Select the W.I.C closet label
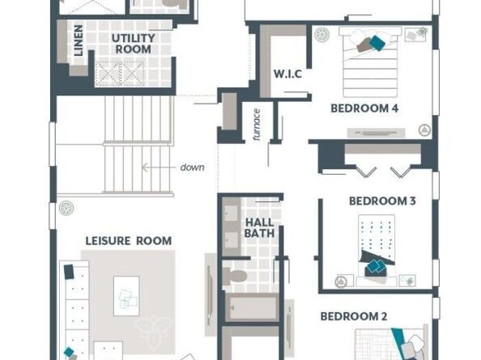point(287,74)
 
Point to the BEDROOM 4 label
point(364,108)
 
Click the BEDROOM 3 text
point(382,201)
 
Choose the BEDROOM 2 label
point(353,316)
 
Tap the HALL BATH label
point(260,227)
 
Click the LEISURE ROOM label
point(129,240)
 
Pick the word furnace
point(257,124)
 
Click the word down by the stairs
point(193,167)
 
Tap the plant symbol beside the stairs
point(66,209)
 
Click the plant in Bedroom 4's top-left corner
point(322,35)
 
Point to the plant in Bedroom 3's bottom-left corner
point(341,282)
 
